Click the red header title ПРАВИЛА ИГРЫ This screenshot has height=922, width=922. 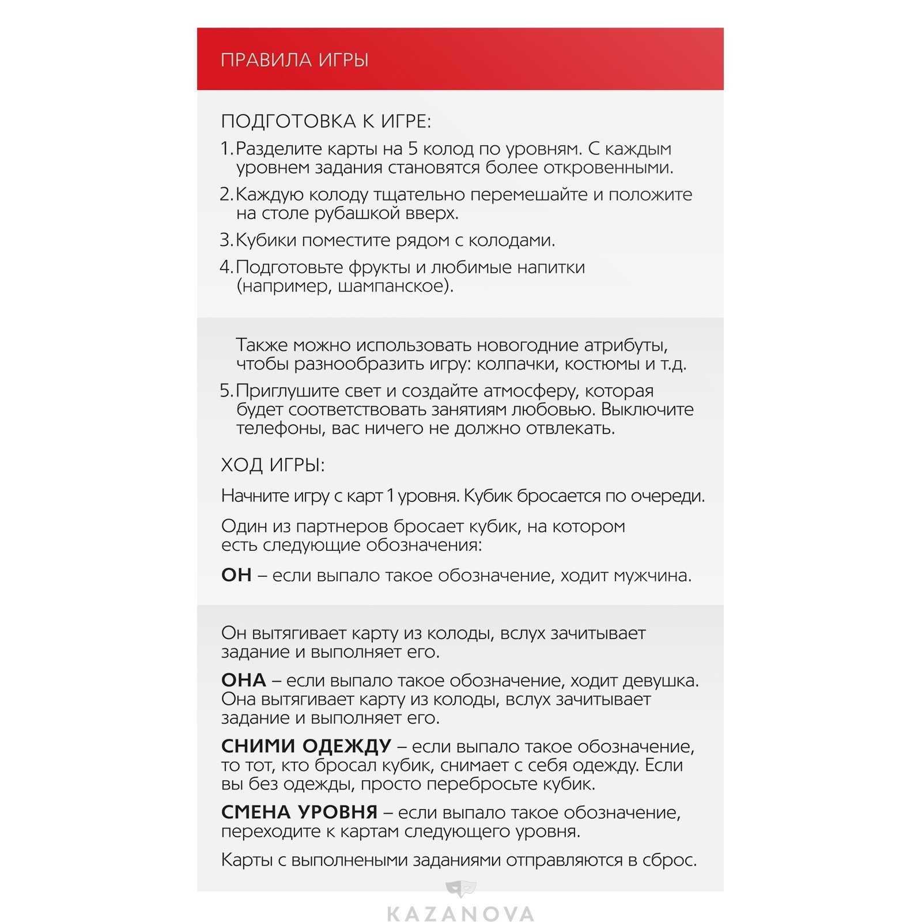click(294, 60)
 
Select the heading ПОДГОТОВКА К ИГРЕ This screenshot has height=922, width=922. click(326, 122)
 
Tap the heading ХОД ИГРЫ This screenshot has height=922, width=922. click(273, 465)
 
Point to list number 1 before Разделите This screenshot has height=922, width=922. click(226, 149)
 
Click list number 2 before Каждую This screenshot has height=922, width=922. click(226, 195)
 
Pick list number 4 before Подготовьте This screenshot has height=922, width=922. click(226, 267)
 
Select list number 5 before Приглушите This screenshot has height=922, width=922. click(226, 391)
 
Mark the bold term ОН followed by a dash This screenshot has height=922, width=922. click(236, 575)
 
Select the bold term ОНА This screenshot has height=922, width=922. click(243, 681)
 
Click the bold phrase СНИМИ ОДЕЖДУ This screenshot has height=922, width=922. click(306, 746)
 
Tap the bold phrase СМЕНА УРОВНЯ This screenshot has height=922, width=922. click(299, 813)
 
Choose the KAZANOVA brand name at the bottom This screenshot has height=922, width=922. click(460, 914)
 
